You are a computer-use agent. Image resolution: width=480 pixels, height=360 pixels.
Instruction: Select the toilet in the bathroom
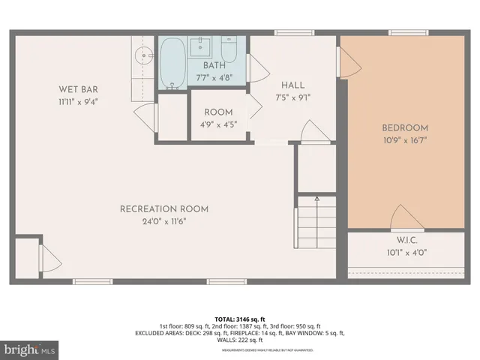pyautogui.click(x=229, y=51)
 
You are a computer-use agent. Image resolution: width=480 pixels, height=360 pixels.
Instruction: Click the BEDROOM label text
pyautogui.click(x=405, y=128)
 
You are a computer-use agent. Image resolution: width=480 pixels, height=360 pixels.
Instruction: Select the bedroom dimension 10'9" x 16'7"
pyautogui.click(x=405, y=140)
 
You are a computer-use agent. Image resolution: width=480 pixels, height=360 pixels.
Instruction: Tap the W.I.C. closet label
pyautogui.click(x=406, y=241)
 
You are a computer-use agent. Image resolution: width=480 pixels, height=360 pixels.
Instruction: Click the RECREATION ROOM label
pyautogui.click(x=164, y=209)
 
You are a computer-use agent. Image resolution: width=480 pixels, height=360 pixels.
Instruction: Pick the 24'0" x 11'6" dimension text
pyautogui.click(x=164, y=221)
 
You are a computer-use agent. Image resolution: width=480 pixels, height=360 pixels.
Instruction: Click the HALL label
pyautogui.click(x=292, y=85)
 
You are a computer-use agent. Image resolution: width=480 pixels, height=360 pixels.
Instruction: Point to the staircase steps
pyautogui.click(x=316, y=223)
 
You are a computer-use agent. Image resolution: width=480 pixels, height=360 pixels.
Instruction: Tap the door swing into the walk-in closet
pyautogui.click(x=405, y=217)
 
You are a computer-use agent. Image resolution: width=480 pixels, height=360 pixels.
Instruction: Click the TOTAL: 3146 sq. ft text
pyautogui.click(x=238, y=318)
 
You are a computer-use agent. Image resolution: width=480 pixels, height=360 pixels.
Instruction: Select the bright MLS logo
pyautogui.click(x=30, y=349)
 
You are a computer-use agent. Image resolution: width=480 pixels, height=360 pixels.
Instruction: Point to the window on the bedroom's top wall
pyautogui.click(x=409, y=32)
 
